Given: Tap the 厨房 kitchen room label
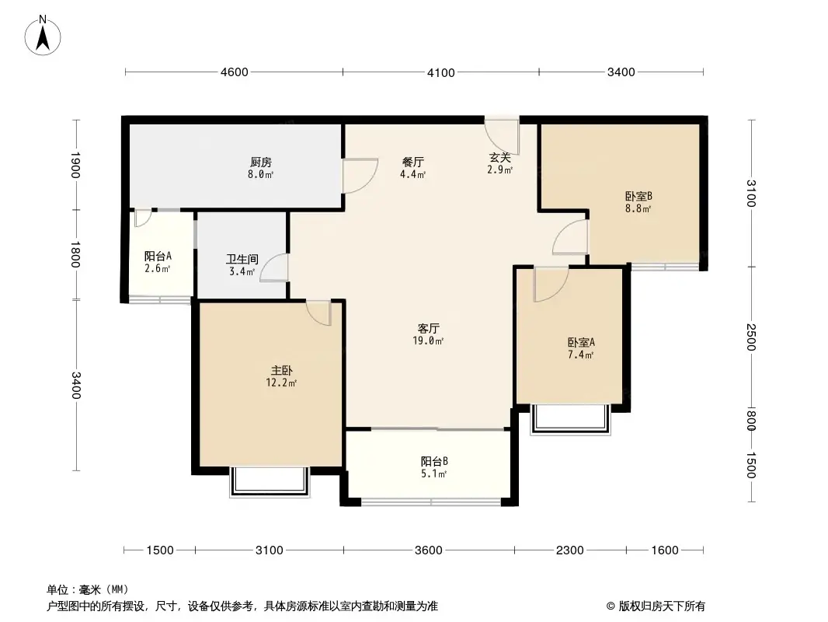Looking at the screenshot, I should pos(261,162).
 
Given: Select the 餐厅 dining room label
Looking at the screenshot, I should pos(412,162).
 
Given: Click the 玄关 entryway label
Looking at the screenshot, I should pos(499,158).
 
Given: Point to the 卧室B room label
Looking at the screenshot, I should pos(638,196).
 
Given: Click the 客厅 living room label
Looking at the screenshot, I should pos(428,328).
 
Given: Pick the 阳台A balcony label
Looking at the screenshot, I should pos(158,256).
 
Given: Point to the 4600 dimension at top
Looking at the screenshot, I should pos(234,72).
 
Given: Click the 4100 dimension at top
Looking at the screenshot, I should pos(440,72).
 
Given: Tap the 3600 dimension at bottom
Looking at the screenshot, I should pos(428,550).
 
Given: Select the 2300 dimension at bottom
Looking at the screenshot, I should pos(569,550).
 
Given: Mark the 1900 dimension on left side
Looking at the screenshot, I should pos(75,165).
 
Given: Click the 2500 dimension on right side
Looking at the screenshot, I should pos(750,337).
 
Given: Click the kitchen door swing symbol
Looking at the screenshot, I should pos(358,176).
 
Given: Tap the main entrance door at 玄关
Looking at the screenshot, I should pos(502,129).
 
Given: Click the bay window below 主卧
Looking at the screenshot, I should pos(269,481).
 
